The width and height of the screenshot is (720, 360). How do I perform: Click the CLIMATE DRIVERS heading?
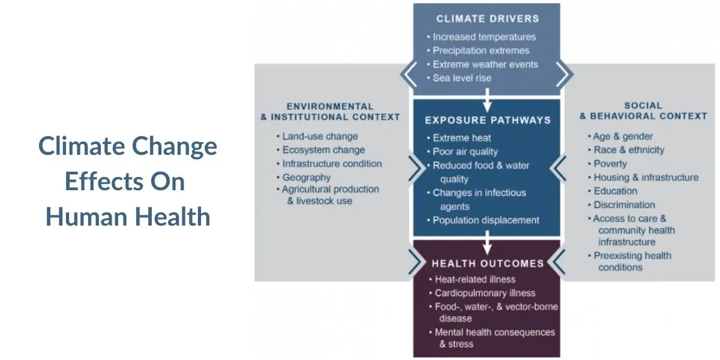point(487,19)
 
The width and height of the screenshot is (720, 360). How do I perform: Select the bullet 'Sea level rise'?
point(462,78)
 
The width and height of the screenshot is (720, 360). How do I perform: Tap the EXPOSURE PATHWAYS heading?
point(487,120)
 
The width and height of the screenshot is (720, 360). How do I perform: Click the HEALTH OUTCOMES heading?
point(487,263)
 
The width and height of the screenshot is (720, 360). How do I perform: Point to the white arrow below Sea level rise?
point(487,99)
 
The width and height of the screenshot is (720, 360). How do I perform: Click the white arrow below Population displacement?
point(487,242)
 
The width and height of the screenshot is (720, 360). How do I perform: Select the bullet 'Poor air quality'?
point(465,152)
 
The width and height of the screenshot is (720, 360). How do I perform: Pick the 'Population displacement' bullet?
point(486,220)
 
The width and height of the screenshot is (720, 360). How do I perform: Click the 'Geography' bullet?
point(306,177)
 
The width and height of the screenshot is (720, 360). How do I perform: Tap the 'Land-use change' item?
point(320,136)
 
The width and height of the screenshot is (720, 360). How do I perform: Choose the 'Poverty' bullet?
point(610,164)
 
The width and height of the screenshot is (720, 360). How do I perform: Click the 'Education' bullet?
point(615,191)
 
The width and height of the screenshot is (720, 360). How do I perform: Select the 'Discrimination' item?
point(624,205)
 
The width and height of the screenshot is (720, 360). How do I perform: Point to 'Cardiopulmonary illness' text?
point(485,293)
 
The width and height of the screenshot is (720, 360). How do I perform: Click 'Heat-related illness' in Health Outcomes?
point(475,279)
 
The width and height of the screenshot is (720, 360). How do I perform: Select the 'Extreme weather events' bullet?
point(485,64)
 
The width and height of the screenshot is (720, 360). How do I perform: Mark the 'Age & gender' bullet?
point(623,136)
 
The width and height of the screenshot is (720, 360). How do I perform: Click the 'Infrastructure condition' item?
point(332,163)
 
